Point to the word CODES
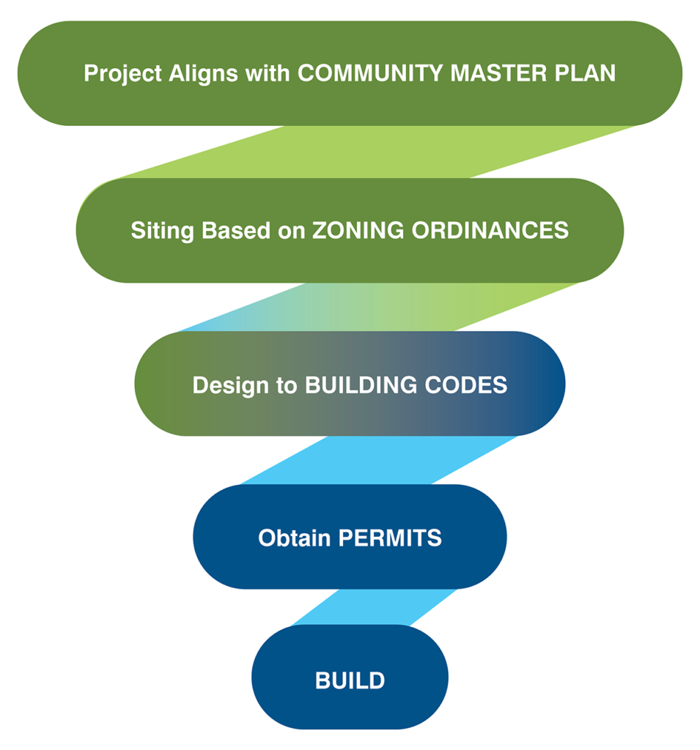pyautogui.click(x=467, y=385)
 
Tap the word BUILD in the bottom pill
pyautogui.click(x=350, y=680)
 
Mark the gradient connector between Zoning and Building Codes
pyautogui.click(x=381, y=307)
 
